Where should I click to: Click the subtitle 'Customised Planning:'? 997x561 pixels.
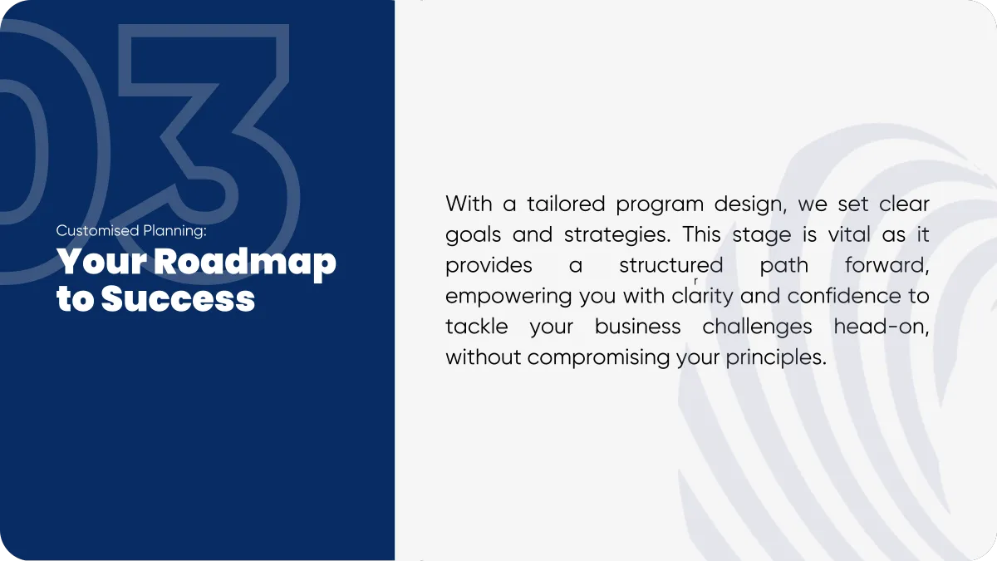click(x=131, y=231)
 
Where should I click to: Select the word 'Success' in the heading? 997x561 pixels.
click(x=178, y=298)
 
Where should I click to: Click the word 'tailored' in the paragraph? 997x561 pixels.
click(x=566, y=204)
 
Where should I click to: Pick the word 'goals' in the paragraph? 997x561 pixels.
click(x=473, y=235)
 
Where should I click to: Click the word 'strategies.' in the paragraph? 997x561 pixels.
click(x=616, y=235)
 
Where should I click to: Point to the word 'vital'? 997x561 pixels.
click(x=849, y=234)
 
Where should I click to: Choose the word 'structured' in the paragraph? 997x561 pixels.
click(x=671, y=265)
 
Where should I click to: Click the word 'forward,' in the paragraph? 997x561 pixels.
click(x=886, y=266)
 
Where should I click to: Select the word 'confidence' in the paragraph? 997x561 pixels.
click(x=844, y=296)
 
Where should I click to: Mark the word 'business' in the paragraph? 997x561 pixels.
click(x=637, y=327)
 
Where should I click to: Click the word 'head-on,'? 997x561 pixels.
click(x=882, y=327)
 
